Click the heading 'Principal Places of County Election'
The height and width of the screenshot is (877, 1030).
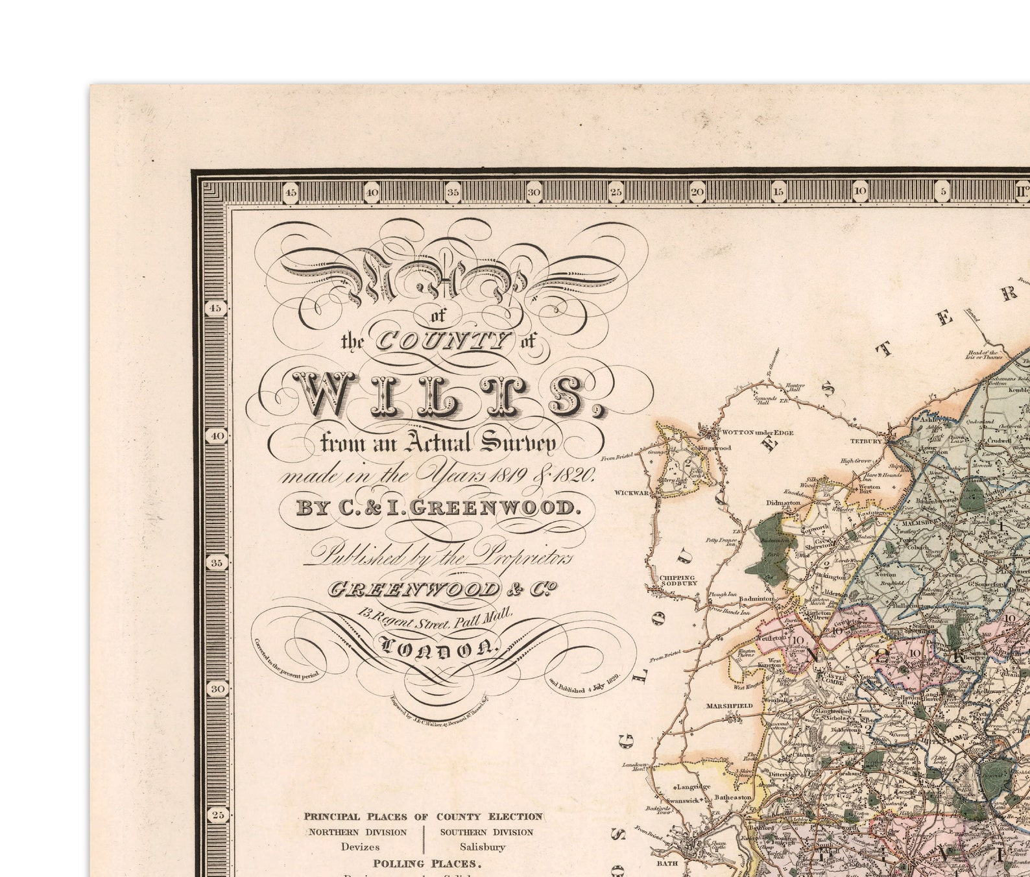click(x=423, y=817)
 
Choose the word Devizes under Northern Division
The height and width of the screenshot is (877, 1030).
click(x=361, y=847)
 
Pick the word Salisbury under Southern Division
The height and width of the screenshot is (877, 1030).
click(x=483, y=847)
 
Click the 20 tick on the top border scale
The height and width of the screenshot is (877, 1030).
click(x=697, y=191)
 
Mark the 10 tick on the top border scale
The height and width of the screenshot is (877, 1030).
click(x=859, y=191)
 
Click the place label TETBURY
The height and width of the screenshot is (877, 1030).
click(x=866, y=441)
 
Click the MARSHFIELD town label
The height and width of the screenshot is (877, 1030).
click(x=729, y=705)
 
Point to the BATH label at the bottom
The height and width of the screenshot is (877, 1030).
click(x=667, y=863)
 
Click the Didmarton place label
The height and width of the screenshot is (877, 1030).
click(x=783, y=503)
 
